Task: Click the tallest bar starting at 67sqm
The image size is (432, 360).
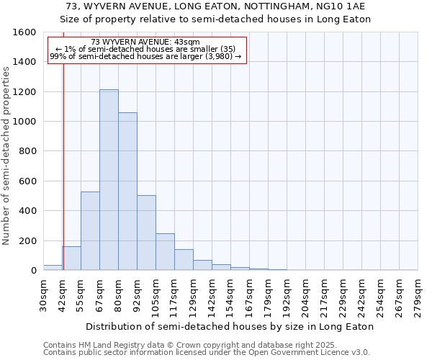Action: pos(109,180)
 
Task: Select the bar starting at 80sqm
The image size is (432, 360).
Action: pos(127,192)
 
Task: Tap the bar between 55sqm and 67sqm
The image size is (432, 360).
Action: pos(90,231)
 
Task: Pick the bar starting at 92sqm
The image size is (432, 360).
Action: pos(146,233)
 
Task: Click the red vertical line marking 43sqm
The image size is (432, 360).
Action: pos(63,158)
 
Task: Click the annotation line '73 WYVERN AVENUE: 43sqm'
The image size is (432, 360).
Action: pos(146,42)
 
